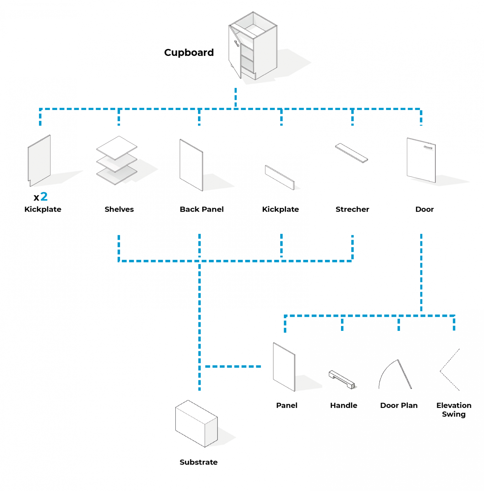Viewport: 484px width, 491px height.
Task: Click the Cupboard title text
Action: pyautogui.click(x=189, y=52)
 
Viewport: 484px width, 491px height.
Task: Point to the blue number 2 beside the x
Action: pyautogui.click(x=44, y=196)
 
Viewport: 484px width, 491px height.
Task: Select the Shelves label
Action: pyautogui.click(x=119, y=209)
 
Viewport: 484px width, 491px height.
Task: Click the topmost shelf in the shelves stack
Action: pyautogui.click(x=117, y=147)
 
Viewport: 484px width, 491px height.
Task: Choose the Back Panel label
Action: pyautogui.click(x=202, y=209)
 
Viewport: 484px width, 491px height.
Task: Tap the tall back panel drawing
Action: pyautogui.click(x=191, y=165)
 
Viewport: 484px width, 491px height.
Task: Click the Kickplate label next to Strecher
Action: pyautogui.click(x=280, y=209)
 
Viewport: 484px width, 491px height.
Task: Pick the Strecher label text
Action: pyautogui.click(x=352, y=209)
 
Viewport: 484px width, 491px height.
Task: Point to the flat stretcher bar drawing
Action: pyautogui.click(x=351, y=153)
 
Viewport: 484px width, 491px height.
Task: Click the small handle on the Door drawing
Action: pyautogui.click(x=428, y=147)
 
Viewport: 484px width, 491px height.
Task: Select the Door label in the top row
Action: pyautogui.click(x=424, y=209)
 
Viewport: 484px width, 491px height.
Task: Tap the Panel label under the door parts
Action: pyautogui.click(x=287, y=405)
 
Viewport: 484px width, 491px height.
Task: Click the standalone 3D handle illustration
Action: pyautogui.click(x=342, y=379)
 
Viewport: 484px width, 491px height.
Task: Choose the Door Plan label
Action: pyautogui.click(x=399, y=405)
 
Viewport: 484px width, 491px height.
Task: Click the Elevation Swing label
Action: pyautogui.click(x=454, y=409)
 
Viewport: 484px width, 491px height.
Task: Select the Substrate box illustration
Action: pyautogui.click(x=196, y=423)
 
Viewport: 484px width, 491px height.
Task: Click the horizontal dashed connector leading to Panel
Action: pyautogui.click(x=233, y=366)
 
